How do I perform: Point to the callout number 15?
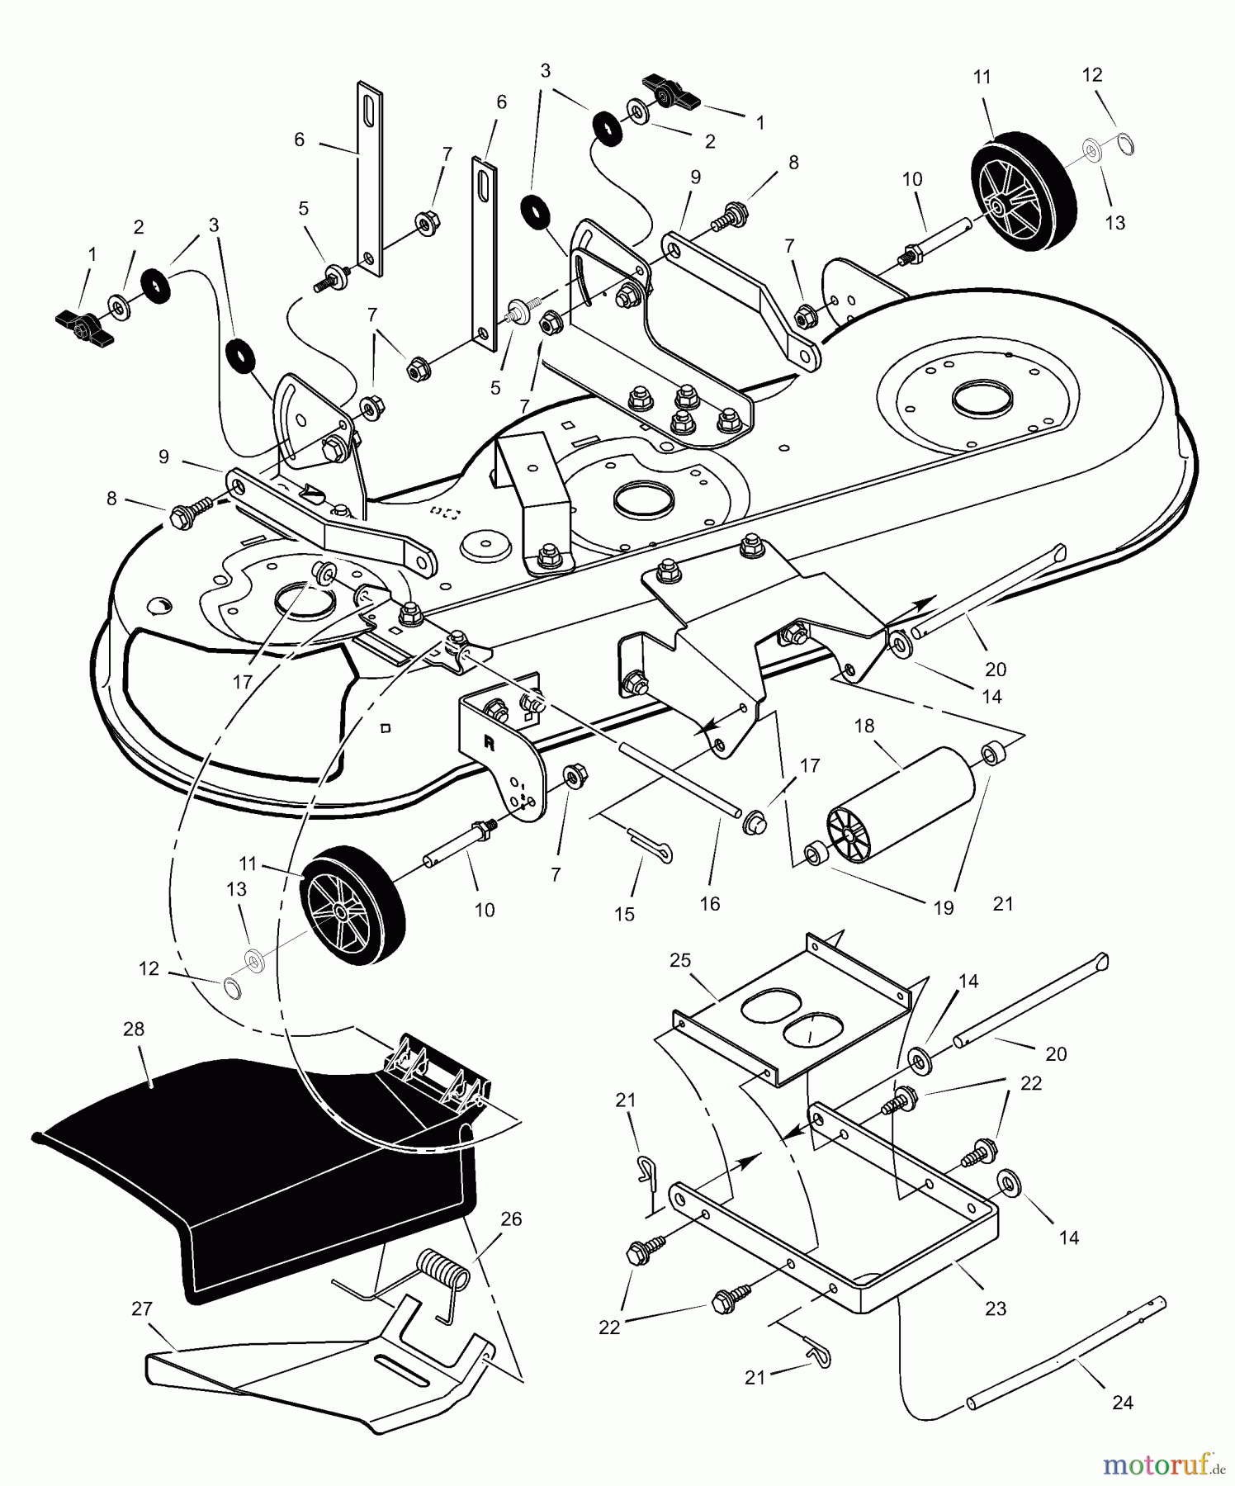pyautogui.click(x=625, y=914)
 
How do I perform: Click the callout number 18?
pyautogui.click(x=864, y=726)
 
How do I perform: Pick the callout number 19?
pyautogui.click(x=944, y=908)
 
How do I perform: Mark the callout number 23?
pyautogui.click(x=996, y=1309)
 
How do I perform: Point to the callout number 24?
pyautogui.click(x=1123, y=1402)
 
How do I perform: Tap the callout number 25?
pyautogui.click(x=681, y=961)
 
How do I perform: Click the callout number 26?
pyautogui.click(x=512, y=1219)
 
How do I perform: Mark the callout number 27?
pyautogui.click(x=142, y=1309)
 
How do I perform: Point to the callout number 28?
pyautogui.click(x=134, y=1029)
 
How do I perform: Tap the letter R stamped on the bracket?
pyautogui.click(x=489, y=742)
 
